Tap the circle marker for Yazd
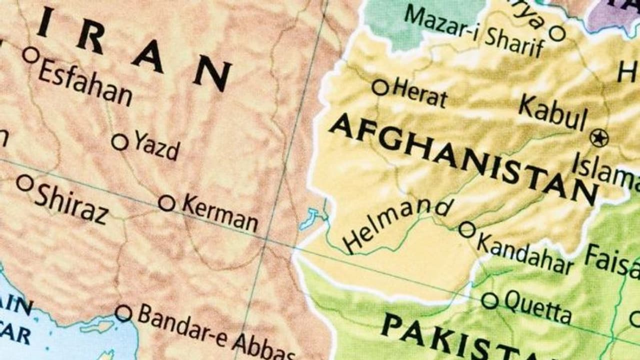pos(119,142)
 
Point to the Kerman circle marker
pos(166,203)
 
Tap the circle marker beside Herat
pos(380,87)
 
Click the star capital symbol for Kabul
pos(598,137)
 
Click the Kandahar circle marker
pos(466,229)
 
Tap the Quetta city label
pos(537,306)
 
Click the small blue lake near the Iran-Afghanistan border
pos(310,219)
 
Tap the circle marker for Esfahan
pos(30,55)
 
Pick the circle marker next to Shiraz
pos(24,182)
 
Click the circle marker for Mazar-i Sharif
pos(557,33)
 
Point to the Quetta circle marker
pos(489,300)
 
